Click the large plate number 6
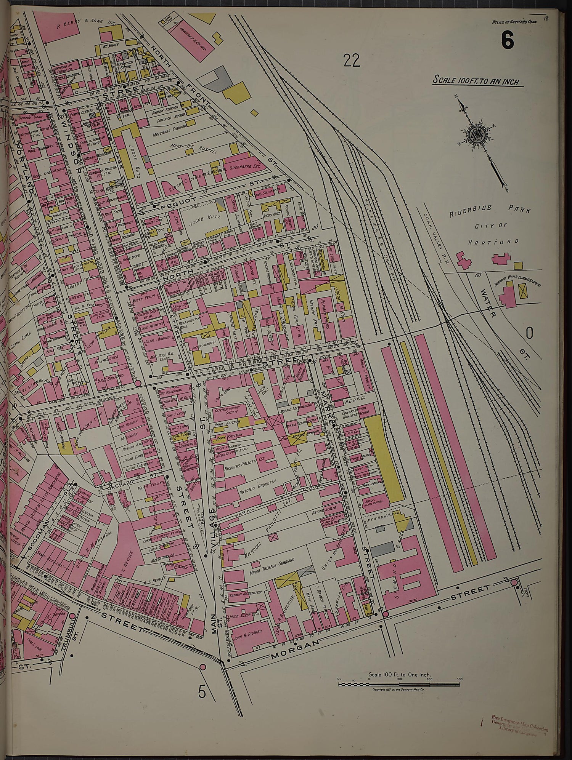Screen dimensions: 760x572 click(x=508, y=40)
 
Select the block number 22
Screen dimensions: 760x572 click(x=352, y=60)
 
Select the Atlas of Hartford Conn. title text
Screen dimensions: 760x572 click(x=515, y=22)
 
